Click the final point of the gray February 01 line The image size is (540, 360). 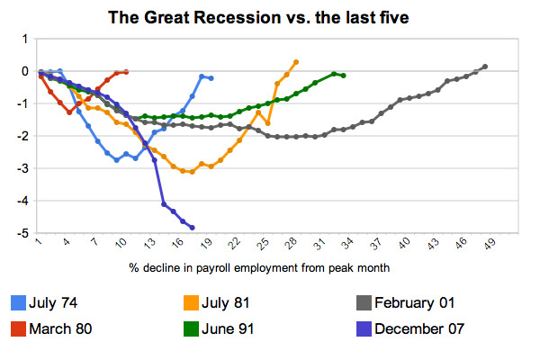(485, 67)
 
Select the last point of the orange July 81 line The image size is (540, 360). (296, 62)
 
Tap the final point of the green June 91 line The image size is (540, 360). (344, 76)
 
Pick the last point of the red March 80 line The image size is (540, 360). (126, 72)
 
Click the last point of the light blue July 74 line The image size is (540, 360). (211, 78)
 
